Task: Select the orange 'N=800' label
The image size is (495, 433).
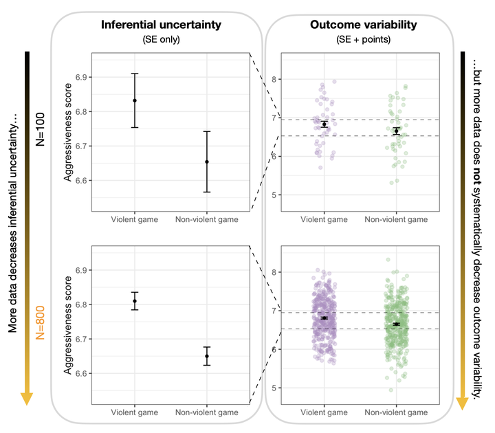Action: click(40, 322)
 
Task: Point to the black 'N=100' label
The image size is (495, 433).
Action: click(40, 128)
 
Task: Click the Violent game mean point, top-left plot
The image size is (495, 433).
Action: click(135, 100)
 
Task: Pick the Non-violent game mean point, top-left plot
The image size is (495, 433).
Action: click(207, 162)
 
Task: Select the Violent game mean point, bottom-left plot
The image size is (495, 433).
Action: click(135, 301)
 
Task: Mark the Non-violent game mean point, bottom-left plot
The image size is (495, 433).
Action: click(207, 356)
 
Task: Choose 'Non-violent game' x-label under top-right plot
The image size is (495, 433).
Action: click(396, 219)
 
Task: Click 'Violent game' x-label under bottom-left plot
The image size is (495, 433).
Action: click(135, 412)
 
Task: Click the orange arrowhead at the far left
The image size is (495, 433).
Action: click(27, 399)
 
